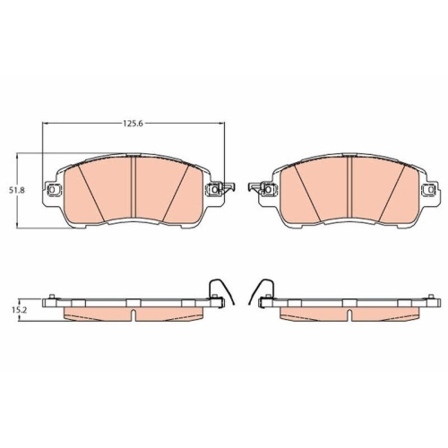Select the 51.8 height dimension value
point(14,190)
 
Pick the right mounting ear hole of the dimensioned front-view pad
point(216,190)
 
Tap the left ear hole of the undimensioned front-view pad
point(266,190)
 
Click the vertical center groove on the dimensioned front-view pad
point(134,189)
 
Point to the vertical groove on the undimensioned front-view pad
point(348,189)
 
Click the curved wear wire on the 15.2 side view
point(218,290)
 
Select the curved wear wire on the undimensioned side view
point(264,290)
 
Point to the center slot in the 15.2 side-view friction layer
point(134,314)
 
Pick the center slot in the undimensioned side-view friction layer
point(348,314)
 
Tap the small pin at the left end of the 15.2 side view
point(53,297)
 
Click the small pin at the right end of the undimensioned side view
point(428,297)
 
